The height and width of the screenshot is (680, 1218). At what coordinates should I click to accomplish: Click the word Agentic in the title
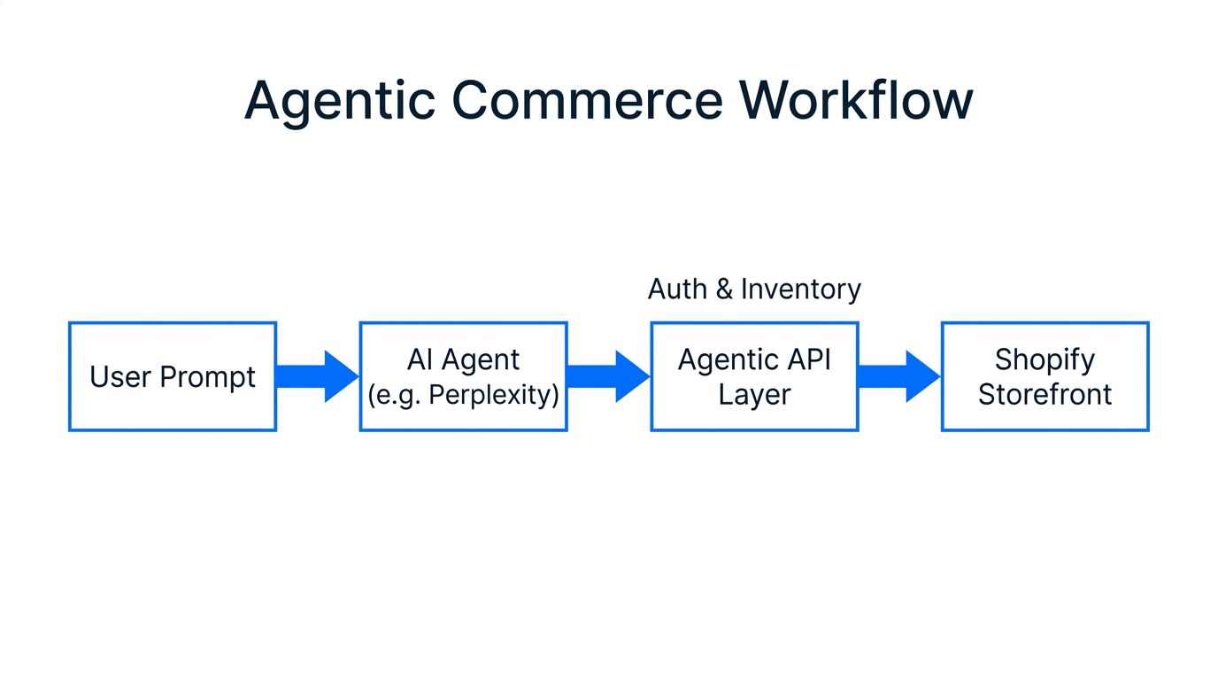tap(339, 100)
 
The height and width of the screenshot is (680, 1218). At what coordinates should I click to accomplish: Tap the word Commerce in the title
tap(586, 100)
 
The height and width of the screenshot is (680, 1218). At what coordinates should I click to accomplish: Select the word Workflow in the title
tap(856, 100)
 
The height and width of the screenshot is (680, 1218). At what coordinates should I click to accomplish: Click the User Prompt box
tap(173, 376)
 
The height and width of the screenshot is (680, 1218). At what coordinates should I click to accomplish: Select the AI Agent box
tap(463, 376)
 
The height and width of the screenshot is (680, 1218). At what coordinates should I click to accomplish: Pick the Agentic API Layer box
tap(754, 376)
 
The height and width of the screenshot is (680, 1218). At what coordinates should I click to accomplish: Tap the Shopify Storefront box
tap(1045, 376)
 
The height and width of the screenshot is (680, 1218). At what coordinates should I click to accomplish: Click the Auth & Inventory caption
tap(754, 290)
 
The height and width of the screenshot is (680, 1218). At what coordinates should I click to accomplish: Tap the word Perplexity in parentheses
tap(490, 395)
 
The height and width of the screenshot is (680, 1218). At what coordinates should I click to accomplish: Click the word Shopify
tap(1045, 359)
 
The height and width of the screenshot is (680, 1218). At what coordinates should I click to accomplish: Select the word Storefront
tap(1045, 394)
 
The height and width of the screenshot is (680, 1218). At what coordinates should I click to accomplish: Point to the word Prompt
tap(208, 377)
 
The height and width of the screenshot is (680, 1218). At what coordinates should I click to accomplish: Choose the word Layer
tap(754, 395)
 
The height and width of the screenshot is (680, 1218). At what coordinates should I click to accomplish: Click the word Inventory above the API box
tap(800, 290)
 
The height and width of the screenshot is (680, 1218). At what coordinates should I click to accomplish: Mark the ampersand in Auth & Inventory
tap(724, 290)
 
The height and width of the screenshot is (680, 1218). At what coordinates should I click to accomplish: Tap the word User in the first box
tap(120, 377)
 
